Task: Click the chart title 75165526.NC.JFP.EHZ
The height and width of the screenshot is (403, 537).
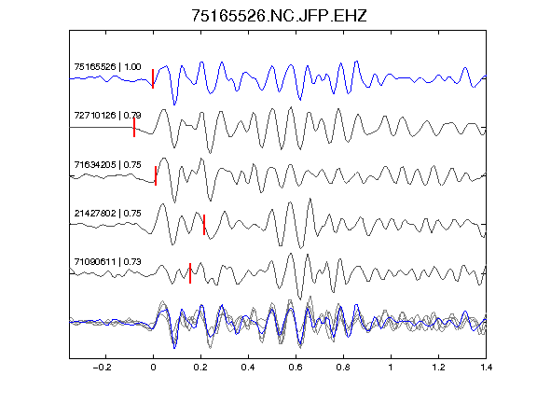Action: [x=279, y=16]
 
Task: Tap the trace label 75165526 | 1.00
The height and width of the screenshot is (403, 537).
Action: [x=107, y=66]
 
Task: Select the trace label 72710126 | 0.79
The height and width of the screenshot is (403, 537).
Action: [x=107, y=115]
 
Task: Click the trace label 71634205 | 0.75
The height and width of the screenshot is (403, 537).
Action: [x=107, y=165]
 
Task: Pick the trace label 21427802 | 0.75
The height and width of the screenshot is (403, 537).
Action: [x=107, y=213]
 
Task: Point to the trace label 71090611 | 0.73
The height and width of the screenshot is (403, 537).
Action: [x=107, y=262]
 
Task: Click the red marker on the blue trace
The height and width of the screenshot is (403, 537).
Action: [x=153, y=78]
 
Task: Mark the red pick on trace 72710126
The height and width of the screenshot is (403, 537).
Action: [x=134, y=128]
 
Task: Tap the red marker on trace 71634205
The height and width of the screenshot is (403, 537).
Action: [x=156, y=175]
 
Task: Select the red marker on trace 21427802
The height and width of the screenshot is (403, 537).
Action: [x=204, y=225]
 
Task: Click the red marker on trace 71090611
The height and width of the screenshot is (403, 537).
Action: [x=190, y=273]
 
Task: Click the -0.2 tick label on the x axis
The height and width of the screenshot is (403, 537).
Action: [x=103, y=368]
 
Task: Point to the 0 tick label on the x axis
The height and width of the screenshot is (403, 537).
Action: [x=153, y=368]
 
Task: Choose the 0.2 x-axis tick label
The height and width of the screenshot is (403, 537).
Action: [x=200, y=368]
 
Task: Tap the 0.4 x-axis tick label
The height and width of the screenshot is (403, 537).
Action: [x=248, y=368]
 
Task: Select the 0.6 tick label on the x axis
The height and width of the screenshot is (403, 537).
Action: [x=296, y=368]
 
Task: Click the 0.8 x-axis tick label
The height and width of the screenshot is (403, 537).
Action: [x=343, y=368]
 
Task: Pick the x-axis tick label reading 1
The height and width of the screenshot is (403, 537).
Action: [x=391, y=368]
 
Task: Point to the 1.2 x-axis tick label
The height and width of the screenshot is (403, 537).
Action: [x=438, y=368]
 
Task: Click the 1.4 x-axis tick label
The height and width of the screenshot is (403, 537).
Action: [x=486, y=368]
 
